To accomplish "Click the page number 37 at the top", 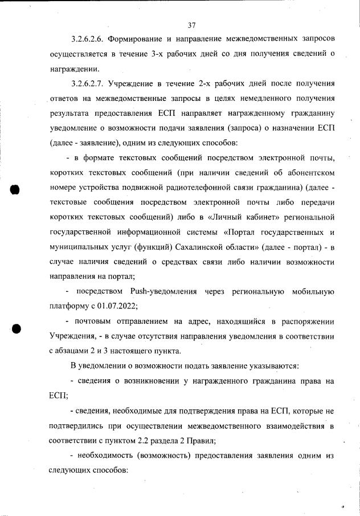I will [x=191, y=25].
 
